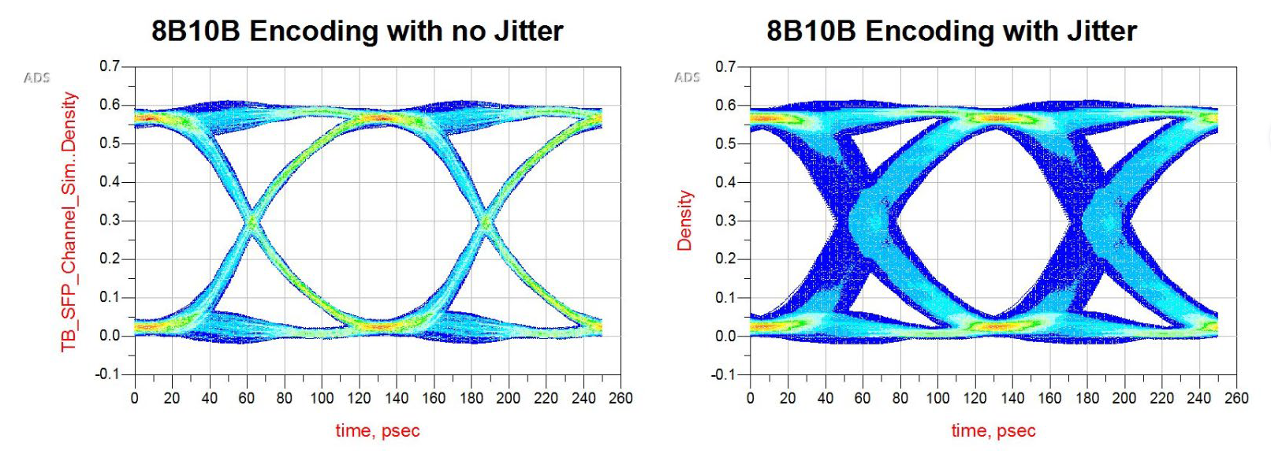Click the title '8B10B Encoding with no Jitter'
pos(357,31)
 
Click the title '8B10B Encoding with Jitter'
pos(951,31)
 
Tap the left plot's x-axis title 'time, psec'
pos(378,430)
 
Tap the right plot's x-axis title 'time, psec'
pos(993,430)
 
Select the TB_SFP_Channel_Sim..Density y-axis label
pos(69,221)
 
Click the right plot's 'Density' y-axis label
pos(684,221)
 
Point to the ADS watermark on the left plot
pos(37,77)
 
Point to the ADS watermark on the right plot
pos(687,77)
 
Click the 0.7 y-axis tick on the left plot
pos(110,66)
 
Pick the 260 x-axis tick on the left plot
pos(621,398)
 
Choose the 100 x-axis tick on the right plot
pos(937,398)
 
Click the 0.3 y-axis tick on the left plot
pos(110,220)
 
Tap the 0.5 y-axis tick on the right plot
pos(725,143)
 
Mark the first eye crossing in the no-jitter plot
pos(252,221)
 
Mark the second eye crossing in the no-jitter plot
pos(485,222)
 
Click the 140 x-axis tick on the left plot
pos(397,398)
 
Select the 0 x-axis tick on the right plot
pos(750,398)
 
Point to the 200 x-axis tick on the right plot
pos(1124,398)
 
